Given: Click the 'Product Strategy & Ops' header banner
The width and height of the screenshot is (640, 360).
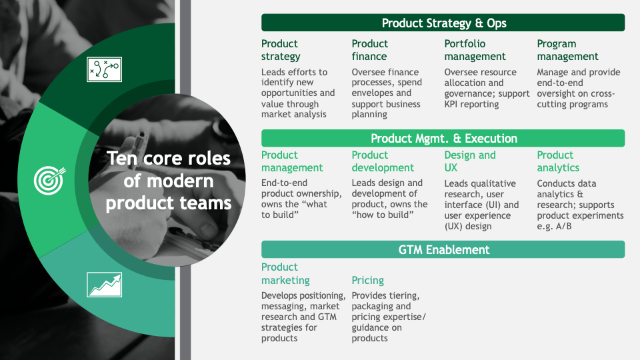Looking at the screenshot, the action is (443, 23).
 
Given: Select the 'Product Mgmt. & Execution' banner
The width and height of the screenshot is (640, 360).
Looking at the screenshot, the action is (443, 139).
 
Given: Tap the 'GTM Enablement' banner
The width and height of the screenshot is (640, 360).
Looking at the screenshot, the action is (443, 249).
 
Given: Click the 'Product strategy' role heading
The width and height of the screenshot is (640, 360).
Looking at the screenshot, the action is (281, 50).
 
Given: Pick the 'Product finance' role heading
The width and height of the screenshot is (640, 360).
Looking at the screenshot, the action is (370, 50).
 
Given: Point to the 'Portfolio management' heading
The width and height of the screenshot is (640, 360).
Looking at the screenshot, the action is (475, 50).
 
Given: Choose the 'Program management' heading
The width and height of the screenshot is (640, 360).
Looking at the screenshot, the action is (567, 50).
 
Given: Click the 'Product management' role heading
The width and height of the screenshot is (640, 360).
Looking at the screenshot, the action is (292, 161).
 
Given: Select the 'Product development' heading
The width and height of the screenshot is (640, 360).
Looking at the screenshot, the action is (383, 161).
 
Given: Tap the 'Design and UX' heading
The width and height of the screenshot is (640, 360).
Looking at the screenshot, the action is (470, 161).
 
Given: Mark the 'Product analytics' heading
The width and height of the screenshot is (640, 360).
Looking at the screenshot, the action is (558, 161).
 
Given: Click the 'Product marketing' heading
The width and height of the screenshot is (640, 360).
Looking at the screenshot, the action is (285, 273).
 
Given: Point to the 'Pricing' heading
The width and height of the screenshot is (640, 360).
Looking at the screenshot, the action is (368, 281).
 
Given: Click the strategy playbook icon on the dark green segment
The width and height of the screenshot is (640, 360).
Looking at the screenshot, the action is (105, 69).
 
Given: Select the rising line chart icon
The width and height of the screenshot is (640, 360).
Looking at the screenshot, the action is (105, 285).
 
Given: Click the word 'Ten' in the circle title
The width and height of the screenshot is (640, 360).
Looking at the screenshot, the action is (123, 159).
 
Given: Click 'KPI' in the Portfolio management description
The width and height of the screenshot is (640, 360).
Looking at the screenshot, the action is (451, 104).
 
